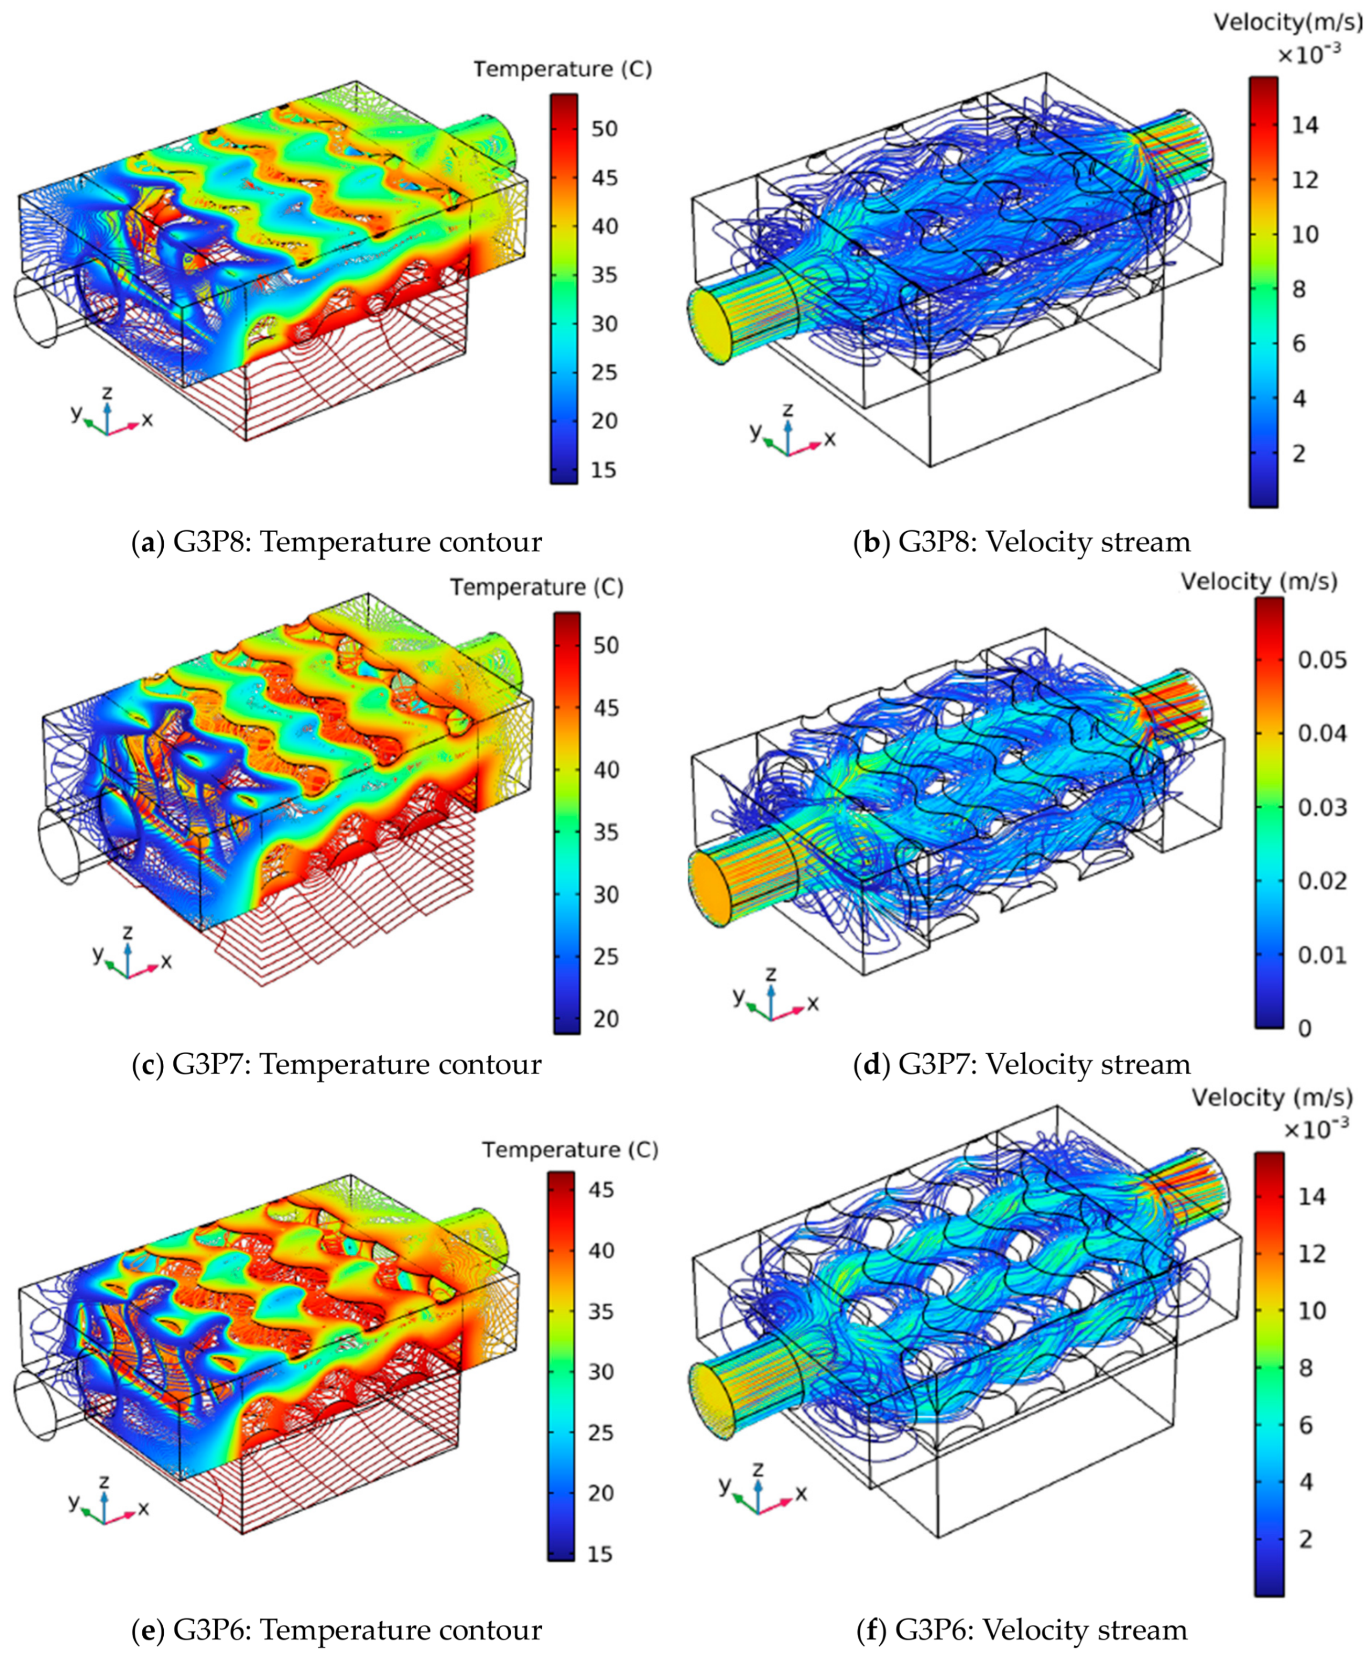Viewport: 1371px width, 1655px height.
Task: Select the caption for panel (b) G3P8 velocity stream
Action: click(1022, 542)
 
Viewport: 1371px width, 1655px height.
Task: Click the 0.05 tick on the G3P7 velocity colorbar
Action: click(1322, 660)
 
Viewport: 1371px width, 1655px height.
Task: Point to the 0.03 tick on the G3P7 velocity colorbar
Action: click(1322, 807)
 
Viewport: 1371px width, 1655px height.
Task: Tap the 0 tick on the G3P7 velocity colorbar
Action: click(1305, 1028)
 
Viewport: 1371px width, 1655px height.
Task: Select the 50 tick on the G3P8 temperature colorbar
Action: click(604, 128)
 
